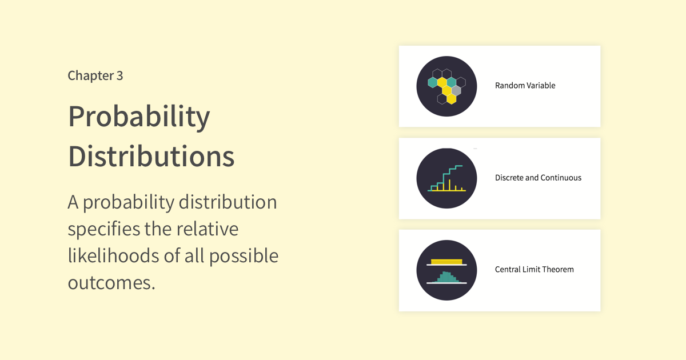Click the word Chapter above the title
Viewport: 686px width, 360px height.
point(91,75)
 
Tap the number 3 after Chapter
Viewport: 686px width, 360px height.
point(119,75)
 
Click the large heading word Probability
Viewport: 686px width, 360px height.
point(139,117)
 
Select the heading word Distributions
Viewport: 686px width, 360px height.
point(151,156)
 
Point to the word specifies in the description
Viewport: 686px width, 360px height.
point(103,229)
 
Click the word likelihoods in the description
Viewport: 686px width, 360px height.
point(113,255)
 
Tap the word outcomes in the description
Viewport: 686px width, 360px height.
point(111,283)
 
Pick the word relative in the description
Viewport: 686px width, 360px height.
point(208,229)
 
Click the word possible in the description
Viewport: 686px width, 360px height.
point(244,256)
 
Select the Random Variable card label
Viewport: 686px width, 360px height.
point(525,85)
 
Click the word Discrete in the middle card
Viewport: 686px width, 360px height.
point(509,178)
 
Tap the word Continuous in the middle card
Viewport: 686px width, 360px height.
point(560,178)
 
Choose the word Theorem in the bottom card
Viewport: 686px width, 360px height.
point(559,269)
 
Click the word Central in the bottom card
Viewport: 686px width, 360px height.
point(508,269)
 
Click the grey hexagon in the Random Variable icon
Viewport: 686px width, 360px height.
point(456,91)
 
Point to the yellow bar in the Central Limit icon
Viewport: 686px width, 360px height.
point(446,262)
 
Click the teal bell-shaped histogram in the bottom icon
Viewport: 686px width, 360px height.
point(447,277)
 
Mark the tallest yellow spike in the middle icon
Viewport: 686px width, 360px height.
point(449,185)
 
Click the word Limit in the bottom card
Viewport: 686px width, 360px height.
point(533,269)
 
